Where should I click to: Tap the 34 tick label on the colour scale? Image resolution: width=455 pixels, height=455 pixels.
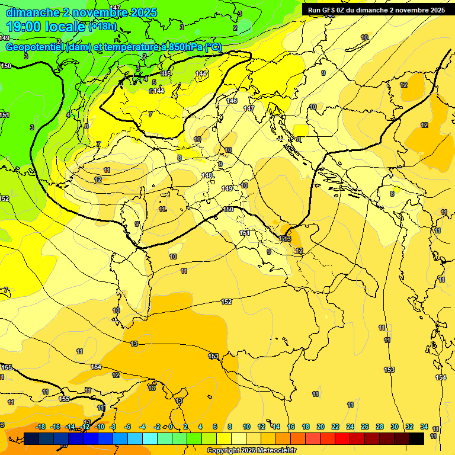[x=424, y=427]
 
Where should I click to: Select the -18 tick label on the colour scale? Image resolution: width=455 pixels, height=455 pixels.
[x=41, y=427]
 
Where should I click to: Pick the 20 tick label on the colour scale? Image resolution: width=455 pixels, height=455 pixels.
[x=321, y=427]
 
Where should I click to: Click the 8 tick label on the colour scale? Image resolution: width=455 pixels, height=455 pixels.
[x=230, y=427]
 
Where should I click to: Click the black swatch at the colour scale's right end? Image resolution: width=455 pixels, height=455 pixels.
[x=416, y=438]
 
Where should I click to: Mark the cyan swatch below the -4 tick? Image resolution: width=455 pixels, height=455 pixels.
[x=150, y=438]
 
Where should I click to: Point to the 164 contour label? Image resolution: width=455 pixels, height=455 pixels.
[x=96, y=367]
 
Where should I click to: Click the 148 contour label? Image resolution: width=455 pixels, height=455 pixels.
[x=206, y=175]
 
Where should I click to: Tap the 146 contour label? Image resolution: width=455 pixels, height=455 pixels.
[x=232, y=101]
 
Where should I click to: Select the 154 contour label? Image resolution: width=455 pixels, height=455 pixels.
[x=440, y=377]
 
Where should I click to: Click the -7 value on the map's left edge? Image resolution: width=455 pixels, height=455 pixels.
[x=5, y=290]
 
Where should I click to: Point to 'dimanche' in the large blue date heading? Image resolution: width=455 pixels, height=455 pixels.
[x=33, y=12]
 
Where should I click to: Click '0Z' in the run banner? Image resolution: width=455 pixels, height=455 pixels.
[x=343, y=10]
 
